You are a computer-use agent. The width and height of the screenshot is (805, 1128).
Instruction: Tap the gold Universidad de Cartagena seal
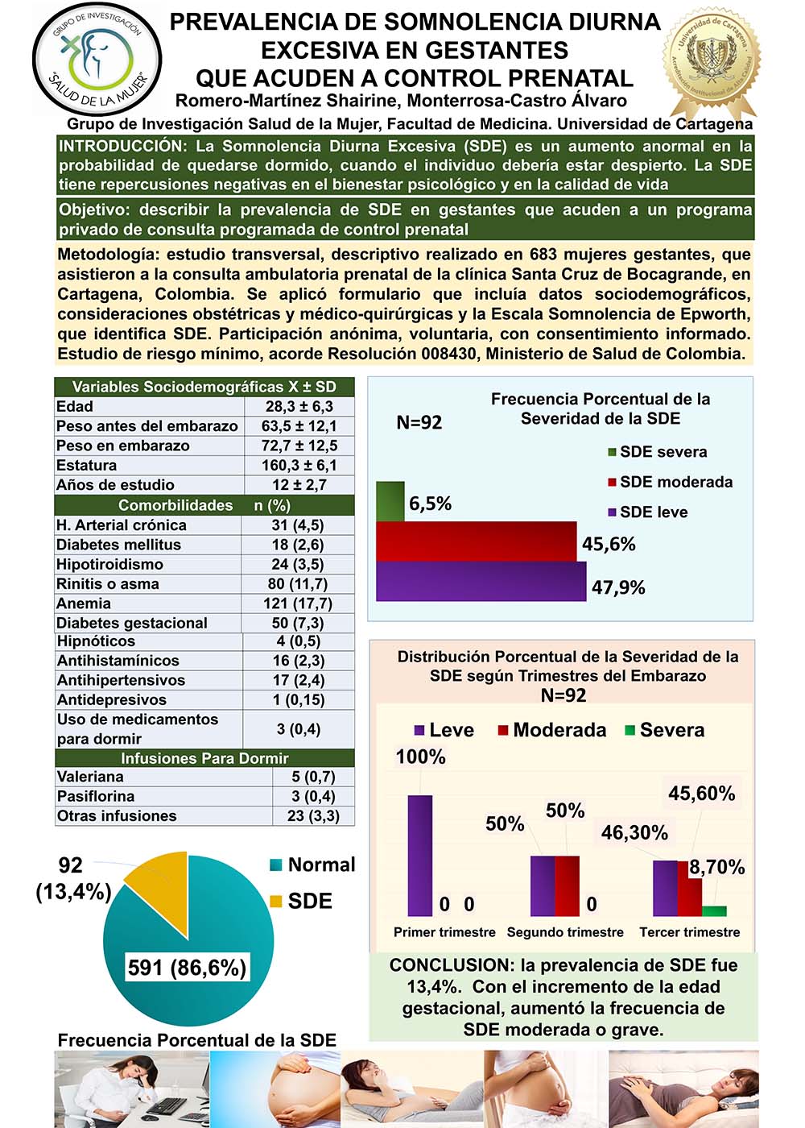tap(711, 61)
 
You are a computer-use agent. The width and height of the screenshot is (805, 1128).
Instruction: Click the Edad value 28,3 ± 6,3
tap(299, 407)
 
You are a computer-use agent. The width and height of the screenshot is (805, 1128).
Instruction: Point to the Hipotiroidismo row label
tap(109, 564)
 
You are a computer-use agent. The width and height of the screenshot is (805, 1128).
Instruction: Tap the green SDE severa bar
tap(390, 501)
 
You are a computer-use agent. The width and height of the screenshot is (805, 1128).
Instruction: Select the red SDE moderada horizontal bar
tap(476, 541)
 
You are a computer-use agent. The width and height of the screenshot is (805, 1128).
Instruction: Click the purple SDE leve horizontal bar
tap(481, 581)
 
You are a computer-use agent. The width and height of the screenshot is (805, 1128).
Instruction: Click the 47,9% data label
tap(618, 587)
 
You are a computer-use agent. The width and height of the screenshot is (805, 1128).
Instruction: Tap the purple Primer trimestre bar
tap(419, 856)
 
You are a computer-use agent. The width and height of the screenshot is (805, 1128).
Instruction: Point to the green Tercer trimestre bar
tap(714, 910)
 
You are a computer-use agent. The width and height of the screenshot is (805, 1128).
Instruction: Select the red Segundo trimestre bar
tap(567, 885)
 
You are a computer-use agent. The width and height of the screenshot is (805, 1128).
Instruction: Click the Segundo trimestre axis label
tap(565, 932)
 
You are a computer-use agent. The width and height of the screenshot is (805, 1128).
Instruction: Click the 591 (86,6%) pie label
tap(187, 967)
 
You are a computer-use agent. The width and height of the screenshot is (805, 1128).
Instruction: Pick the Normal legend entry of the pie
tap(312, 865)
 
